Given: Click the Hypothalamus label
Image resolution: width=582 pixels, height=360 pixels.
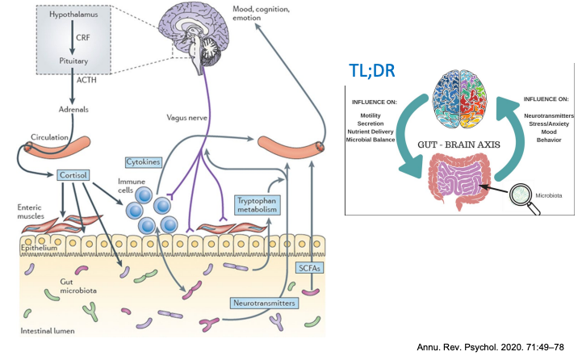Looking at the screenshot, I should pyautogui.click(x=70, y=15).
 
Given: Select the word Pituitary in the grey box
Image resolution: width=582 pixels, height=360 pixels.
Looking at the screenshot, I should pyautogui.click(x=70, y=59).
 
